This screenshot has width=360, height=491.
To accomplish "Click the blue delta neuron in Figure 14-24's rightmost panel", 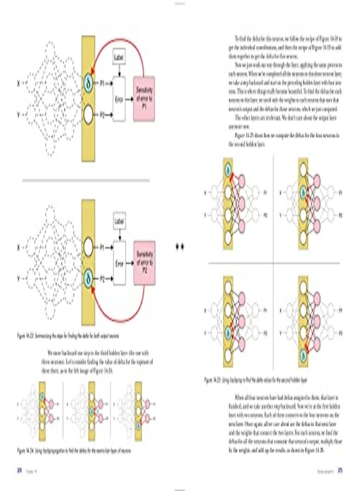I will click(139, 424).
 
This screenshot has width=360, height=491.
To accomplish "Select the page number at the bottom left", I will click(19, 469).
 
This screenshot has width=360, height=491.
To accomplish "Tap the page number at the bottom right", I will click(340, 469).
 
